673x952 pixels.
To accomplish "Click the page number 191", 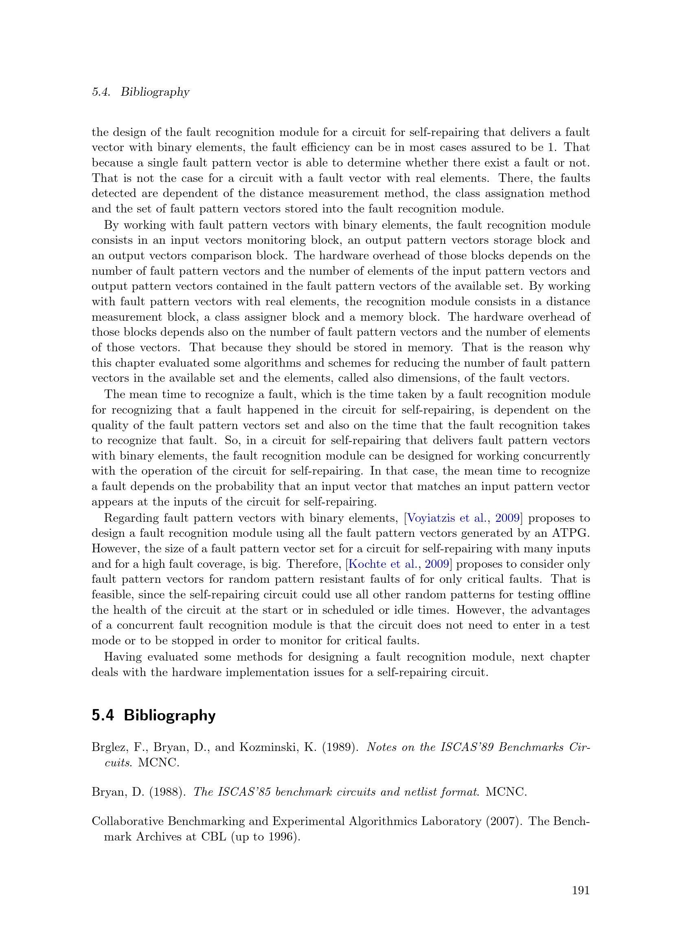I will click(581, 890).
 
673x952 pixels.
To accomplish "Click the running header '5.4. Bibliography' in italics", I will click(140, 92).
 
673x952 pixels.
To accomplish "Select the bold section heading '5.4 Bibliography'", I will click(153, 715).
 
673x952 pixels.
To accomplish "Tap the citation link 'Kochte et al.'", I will click(382, 564).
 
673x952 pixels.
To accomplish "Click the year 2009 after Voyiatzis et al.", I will click(508, 518).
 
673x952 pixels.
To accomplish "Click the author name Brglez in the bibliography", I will click(108, 747).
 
